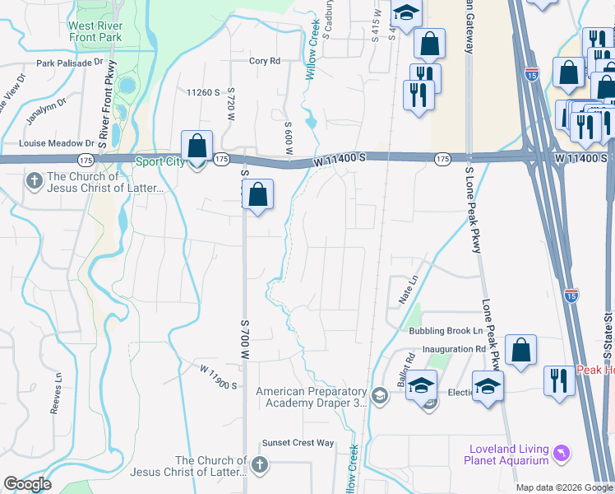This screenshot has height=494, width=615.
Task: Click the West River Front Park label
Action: tap(95, 30)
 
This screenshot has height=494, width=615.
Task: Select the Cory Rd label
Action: tap(265, 61)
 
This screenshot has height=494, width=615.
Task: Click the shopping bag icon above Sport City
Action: tap(197, 147)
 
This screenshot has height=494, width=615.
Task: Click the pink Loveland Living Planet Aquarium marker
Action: tap(562, 452)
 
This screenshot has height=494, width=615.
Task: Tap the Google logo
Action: tap(27, 484)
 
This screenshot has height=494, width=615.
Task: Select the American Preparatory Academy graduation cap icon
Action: tap(379, 397)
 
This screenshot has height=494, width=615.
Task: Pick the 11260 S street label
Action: tap(205, 92)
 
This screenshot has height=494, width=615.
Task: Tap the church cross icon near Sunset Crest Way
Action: tap(261, 466)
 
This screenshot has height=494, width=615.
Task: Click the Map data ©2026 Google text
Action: tap(563, 487)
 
